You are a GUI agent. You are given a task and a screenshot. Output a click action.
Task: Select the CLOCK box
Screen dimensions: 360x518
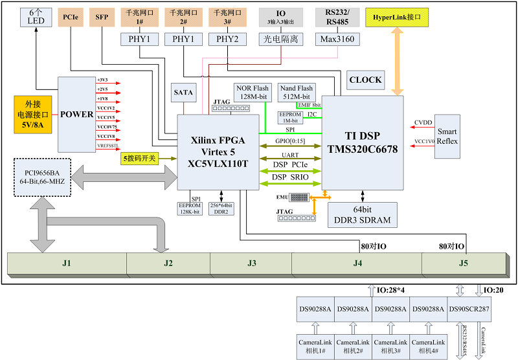(x=365, y=80)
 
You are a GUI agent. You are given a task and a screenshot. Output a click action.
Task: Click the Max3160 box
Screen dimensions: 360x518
(x=337, y=39)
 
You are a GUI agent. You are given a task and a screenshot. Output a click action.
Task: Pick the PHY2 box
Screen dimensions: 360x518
(x=227, y=39)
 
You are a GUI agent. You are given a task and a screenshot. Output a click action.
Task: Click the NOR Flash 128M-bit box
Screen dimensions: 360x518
(x=252, y=93)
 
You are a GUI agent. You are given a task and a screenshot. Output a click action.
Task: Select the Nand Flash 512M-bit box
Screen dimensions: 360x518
(x=296, y=93)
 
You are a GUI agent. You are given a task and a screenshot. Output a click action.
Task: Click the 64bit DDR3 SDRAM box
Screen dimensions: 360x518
(x=362, y=214)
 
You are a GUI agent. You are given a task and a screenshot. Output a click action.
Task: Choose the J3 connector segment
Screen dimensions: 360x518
(x=251, y=263)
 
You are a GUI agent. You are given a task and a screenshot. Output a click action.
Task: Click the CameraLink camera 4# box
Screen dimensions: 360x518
(x=428, y=345)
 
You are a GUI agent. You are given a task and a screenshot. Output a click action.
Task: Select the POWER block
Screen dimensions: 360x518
(x=76, y=115)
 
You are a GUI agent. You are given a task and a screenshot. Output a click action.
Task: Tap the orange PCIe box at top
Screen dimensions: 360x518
(x=71, y=17)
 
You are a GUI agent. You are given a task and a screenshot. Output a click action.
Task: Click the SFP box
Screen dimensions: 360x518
(x=102, y=17)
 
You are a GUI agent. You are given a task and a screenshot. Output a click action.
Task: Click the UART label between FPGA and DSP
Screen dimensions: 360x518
(x=290, y=155)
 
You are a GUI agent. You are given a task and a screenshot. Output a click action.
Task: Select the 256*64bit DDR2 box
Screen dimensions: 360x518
(x=221, y=208)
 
